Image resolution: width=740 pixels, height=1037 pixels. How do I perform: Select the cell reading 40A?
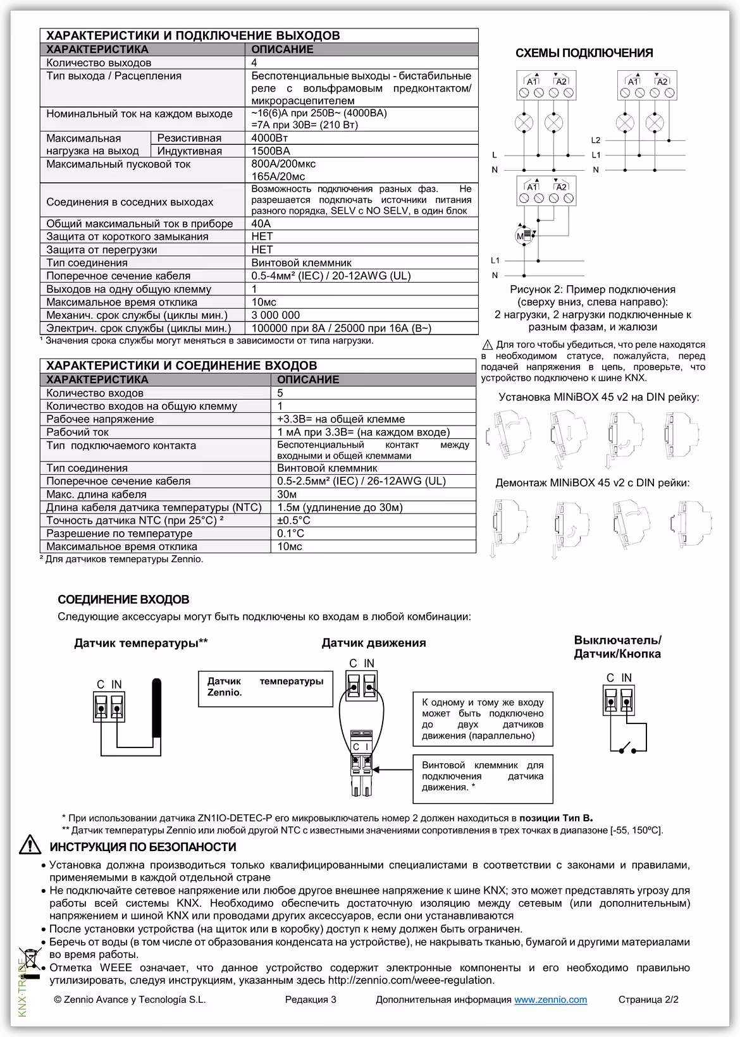[261, 223]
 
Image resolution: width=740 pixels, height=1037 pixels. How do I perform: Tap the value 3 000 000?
[276, 315]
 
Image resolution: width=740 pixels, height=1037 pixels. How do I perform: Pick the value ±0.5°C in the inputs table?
[293, 520]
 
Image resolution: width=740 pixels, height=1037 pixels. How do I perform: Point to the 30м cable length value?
[287, 494]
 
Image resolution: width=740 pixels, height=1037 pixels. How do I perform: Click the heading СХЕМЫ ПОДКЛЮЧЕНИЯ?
[584, 53]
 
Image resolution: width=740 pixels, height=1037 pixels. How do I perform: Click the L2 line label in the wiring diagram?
[595, 140]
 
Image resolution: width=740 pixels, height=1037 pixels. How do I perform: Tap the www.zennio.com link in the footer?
[550, 1000]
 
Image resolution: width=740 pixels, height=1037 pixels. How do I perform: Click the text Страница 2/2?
[648, 1000]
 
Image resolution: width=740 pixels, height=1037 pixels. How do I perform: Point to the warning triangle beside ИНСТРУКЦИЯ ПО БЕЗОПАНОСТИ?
[29, 845]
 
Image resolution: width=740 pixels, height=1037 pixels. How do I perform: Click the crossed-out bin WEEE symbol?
[29, 963]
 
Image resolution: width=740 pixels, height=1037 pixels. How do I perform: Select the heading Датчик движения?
[373, 642]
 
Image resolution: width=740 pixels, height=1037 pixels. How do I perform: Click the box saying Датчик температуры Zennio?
[265, 688]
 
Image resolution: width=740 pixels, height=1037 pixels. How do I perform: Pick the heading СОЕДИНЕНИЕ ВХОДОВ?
[123, 599]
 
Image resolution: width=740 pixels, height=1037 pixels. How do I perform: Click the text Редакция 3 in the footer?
[311, 1000]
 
